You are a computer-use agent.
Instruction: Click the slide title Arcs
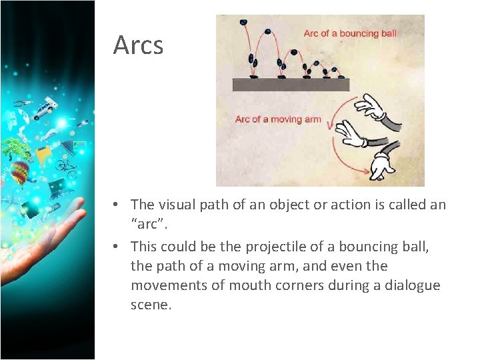click(x=138, y=45)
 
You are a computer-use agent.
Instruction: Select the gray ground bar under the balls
click(x=290, y=85)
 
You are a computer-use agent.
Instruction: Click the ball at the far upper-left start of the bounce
click(x=243, y=22)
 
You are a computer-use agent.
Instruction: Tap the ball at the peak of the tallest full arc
click(x=267, y=31)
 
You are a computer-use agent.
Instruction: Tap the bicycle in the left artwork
click(x=67, y=164)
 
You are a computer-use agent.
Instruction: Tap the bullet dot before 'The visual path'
click(x=115, y=205)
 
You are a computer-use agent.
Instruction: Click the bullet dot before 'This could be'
click(x=115, y=247)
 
